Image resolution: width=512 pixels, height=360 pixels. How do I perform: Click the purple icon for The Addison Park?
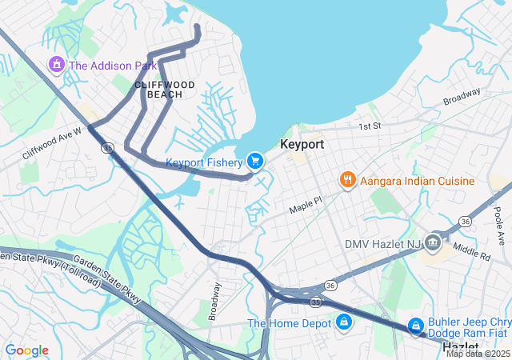pyautogui.click(x=57, y=64)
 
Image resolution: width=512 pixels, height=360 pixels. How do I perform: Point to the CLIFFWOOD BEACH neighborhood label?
pyautogui.click(x=158, y=89)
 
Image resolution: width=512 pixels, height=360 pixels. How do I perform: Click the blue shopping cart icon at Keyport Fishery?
pyautogui.click(x=255, y=162)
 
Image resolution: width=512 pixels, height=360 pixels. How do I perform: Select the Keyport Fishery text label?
pyautogui.click(x=203, y=162)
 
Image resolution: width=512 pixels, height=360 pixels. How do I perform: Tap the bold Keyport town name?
pyautogui.click(x=302, y=145)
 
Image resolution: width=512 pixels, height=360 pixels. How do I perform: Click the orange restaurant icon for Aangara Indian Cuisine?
pyautogui.click(x=347, y=180)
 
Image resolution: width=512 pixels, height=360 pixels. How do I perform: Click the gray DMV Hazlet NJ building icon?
pyautogui.click(x=433, y=242)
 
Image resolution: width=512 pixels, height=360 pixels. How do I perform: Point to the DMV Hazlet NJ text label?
pyautogui.click(x=381, y=243)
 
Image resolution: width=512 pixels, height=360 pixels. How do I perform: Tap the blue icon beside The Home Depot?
pyautogui.click(x=344, y=322)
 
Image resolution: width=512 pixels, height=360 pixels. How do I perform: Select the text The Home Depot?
pyautogui.click(x=289, y=323)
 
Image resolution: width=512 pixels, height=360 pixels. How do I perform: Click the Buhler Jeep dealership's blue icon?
pyautogui.click(x=416, y=326)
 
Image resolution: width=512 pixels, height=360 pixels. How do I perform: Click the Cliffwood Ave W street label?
pyautogui.click(x=52, y=142)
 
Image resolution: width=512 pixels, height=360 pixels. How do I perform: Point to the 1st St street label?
pyautogui.click(x=369, y=126)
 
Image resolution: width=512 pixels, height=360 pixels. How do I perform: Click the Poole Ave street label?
pyautogui.click(x=498, y=227)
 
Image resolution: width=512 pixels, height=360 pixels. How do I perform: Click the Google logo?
pyautogui.click(x=26, y=350)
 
